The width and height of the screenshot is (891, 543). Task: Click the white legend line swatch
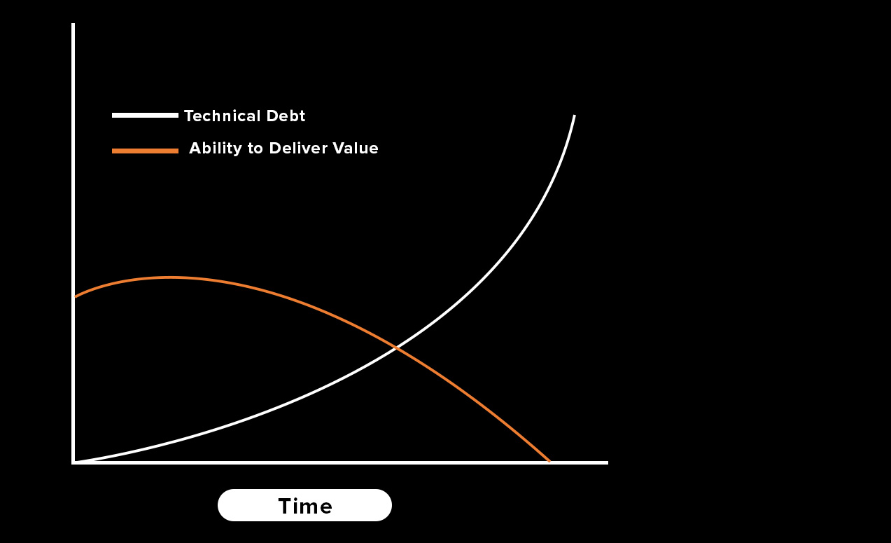[x=145, y=116]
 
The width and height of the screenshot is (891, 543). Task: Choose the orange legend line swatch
[x=145, y=151]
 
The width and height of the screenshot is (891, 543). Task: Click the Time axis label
[x=304, y=505]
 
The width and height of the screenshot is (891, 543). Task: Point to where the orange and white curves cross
[x=396, y=348]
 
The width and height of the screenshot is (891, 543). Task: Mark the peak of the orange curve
[x=170, y=277]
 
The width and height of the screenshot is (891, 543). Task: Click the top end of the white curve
[x=575, y=116]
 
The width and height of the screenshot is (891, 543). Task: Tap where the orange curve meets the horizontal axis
[x=549, y=461]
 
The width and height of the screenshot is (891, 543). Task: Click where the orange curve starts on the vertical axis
[x=75, y=297]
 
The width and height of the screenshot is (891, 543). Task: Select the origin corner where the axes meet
[x=73, y=462]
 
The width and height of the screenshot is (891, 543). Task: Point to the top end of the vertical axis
[x=73, y=25]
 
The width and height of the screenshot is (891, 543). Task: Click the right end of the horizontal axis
[x=606, y=462]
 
